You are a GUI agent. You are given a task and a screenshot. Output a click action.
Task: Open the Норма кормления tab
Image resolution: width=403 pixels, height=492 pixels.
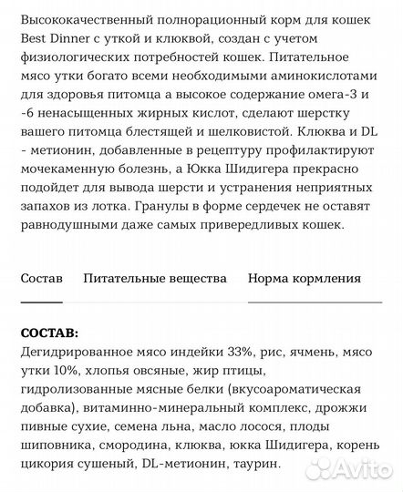(x=305, y=279)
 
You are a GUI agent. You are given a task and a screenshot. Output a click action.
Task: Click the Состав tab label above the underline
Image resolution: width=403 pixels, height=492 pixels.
(x=42, y=279)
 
